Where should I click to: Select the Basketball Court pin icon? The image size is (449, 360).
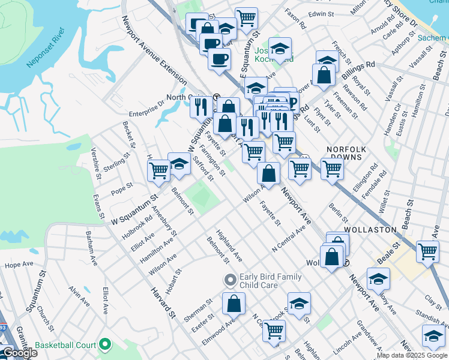106,344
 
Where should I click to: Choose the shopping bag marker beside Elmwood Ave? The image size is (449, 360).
234,304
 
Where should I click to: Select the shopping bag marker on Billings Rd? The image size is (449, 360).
324,75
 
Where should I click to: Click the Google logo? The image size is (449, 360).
20,353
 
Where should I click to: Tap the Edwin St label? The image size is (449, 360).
321,13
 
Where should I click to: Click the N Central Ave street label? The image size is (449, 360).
289,241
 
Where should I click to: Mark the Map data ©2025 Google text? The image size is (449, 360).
412,355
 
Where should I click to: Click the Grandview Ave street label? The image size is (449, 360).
368,334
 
